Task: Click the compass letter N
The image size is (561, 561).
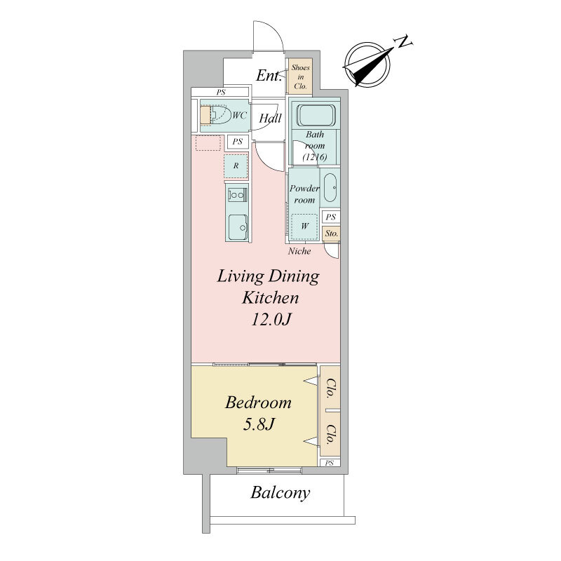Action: [403, 42]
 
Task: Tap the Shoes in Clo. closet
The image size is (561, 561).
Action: [301, 76]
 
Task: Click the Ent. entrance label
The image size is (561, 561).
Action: [269, 76]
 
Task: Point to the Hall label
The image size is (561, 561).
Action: [270, 118]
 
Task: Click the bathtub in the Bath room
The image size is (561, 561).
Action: [316, 115]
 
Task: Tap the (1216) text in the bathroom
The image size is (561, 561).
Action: [314, 156]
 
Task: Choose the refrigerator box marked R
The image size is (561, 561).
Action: [236, 165]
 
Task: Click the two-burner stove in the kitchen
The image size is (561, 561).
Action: [237, 195]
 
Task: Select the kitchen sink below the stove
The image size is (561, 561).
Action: [238, 227]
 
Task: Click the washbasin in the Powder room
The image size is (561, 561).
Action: [330, 188]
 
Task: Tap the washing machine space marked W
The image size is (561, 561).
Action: [304, 226]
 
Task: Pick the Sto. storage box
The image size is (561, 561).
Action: [331, 234]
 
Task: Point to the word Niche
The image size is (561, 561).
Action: [299, 251]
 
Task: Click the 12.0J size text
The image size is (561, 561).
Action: [271, 319]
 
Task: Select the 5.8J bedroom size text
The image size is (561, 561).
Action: [259, 424]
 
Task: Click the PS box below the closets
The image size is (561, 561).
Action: [330, 463]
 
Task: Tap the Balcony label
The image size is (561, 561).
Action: [280, 493]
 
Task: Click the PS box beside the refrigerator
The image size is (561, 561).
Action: [238, 142]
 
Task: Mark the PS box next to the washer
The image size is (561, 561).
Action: [331, 217]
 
